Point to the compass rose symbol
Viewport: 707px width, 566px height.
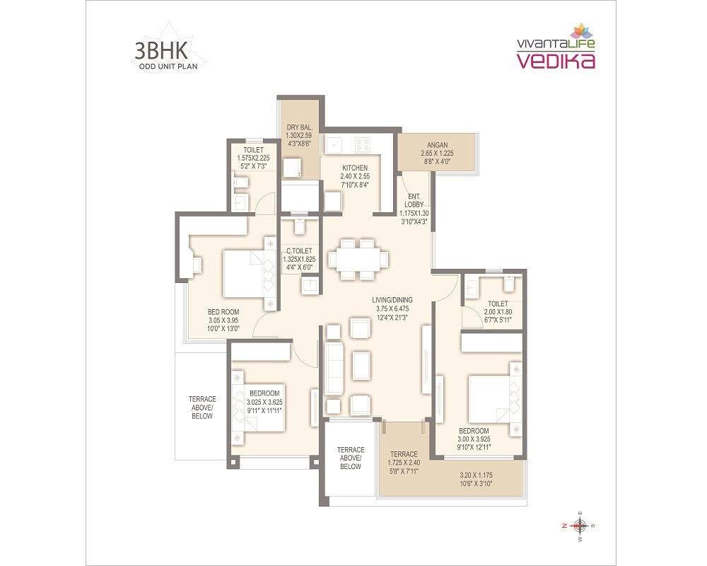(x=579, y=525)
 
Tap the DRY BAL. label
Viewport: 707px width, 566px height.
(x=300, y=127)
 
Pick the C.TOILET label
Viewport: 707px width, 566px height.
(x=300, y=250)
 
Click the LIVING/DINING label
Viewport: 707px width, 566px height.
(x=392, y=299)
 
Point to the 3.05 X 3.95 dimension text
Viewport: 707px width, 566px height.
(x=223, y=319)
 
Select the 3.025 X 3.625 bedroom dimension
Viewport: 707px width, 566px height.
(x=264, y=402)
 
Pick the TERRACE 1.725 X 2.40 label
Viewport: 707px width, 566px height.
(x=402, y=454)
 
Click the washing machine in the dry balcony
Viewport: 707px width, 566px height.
(x=291, y=168)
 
